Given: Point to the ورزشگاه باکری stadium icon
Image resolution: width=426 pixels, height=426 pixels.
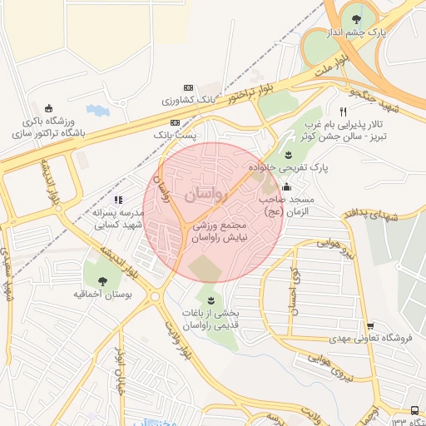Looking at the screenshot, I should pyautogui.click(x=49, y=108).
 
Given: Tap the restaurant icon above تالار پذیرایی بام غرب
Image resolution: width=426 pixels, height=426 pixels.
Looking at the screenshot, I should pyautogui.click(x=342, y=111).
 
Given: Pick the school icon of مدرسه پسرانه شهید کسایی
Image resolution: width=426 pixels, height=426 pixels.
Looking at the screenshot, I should pyautogui.click(x=118, y=201).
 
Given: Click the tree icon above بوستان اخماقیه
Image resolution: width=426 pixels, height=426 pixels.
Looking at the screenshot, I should pyautogui.click(x=102, y=281).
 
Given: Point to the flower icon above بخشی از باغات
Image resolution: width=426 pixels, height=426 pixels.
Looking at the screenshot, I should pyautogui.click(x=210, y=298).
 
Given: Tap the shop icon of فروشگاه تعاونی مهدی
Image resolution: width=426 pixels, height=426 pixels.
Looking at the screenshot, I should pyautogui.click(x=370, y=325).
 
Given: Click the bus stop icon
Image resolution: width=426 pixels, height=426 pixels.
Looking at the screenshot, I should pyautogui.click(x=415, y=411).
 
